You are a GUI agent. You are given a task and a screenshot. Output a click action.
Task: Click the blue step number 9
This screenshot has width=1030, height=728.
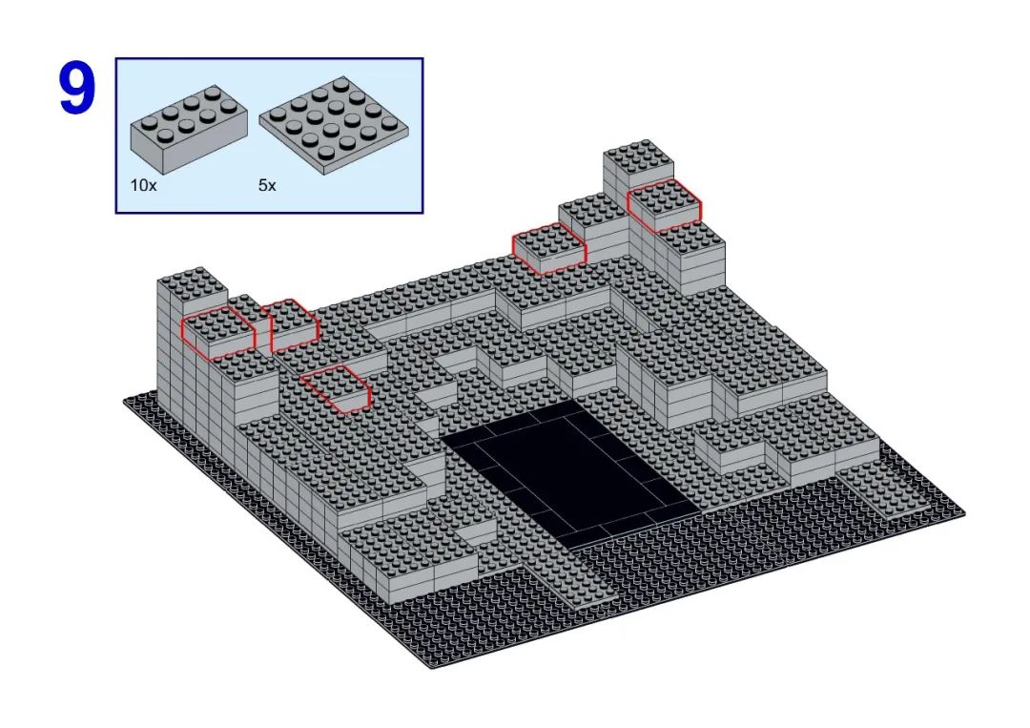pyautogui.click(x=77, y=89)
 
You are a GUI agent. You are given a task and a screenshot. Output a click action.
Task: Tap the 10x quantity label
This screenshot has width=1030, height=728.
pyautogui.click(x=143, y=185)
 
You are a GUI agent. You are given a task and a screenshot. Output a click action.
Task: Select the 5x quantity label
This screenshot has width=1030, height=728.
pyautogui.click(x=267, y=185)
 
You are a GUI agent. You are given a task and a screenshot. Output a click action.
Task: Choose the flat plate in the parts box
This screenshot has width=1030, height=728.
pyautogui.click(x=334, y=126)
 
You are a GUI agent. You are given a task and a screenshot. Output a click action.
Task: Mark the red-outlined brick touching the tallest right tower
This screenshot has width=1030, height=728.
pyautogui.click(x=664, y=205)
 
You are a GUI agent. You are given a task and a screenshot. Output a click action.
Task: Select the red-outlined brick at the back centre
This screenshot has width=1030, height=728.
pyautogui.click(x=549, y=248)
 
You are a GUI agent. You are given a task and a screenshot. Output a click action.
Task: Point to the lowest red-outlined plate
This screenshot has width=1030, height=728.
pyautogui.click(x=337, y=389)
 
